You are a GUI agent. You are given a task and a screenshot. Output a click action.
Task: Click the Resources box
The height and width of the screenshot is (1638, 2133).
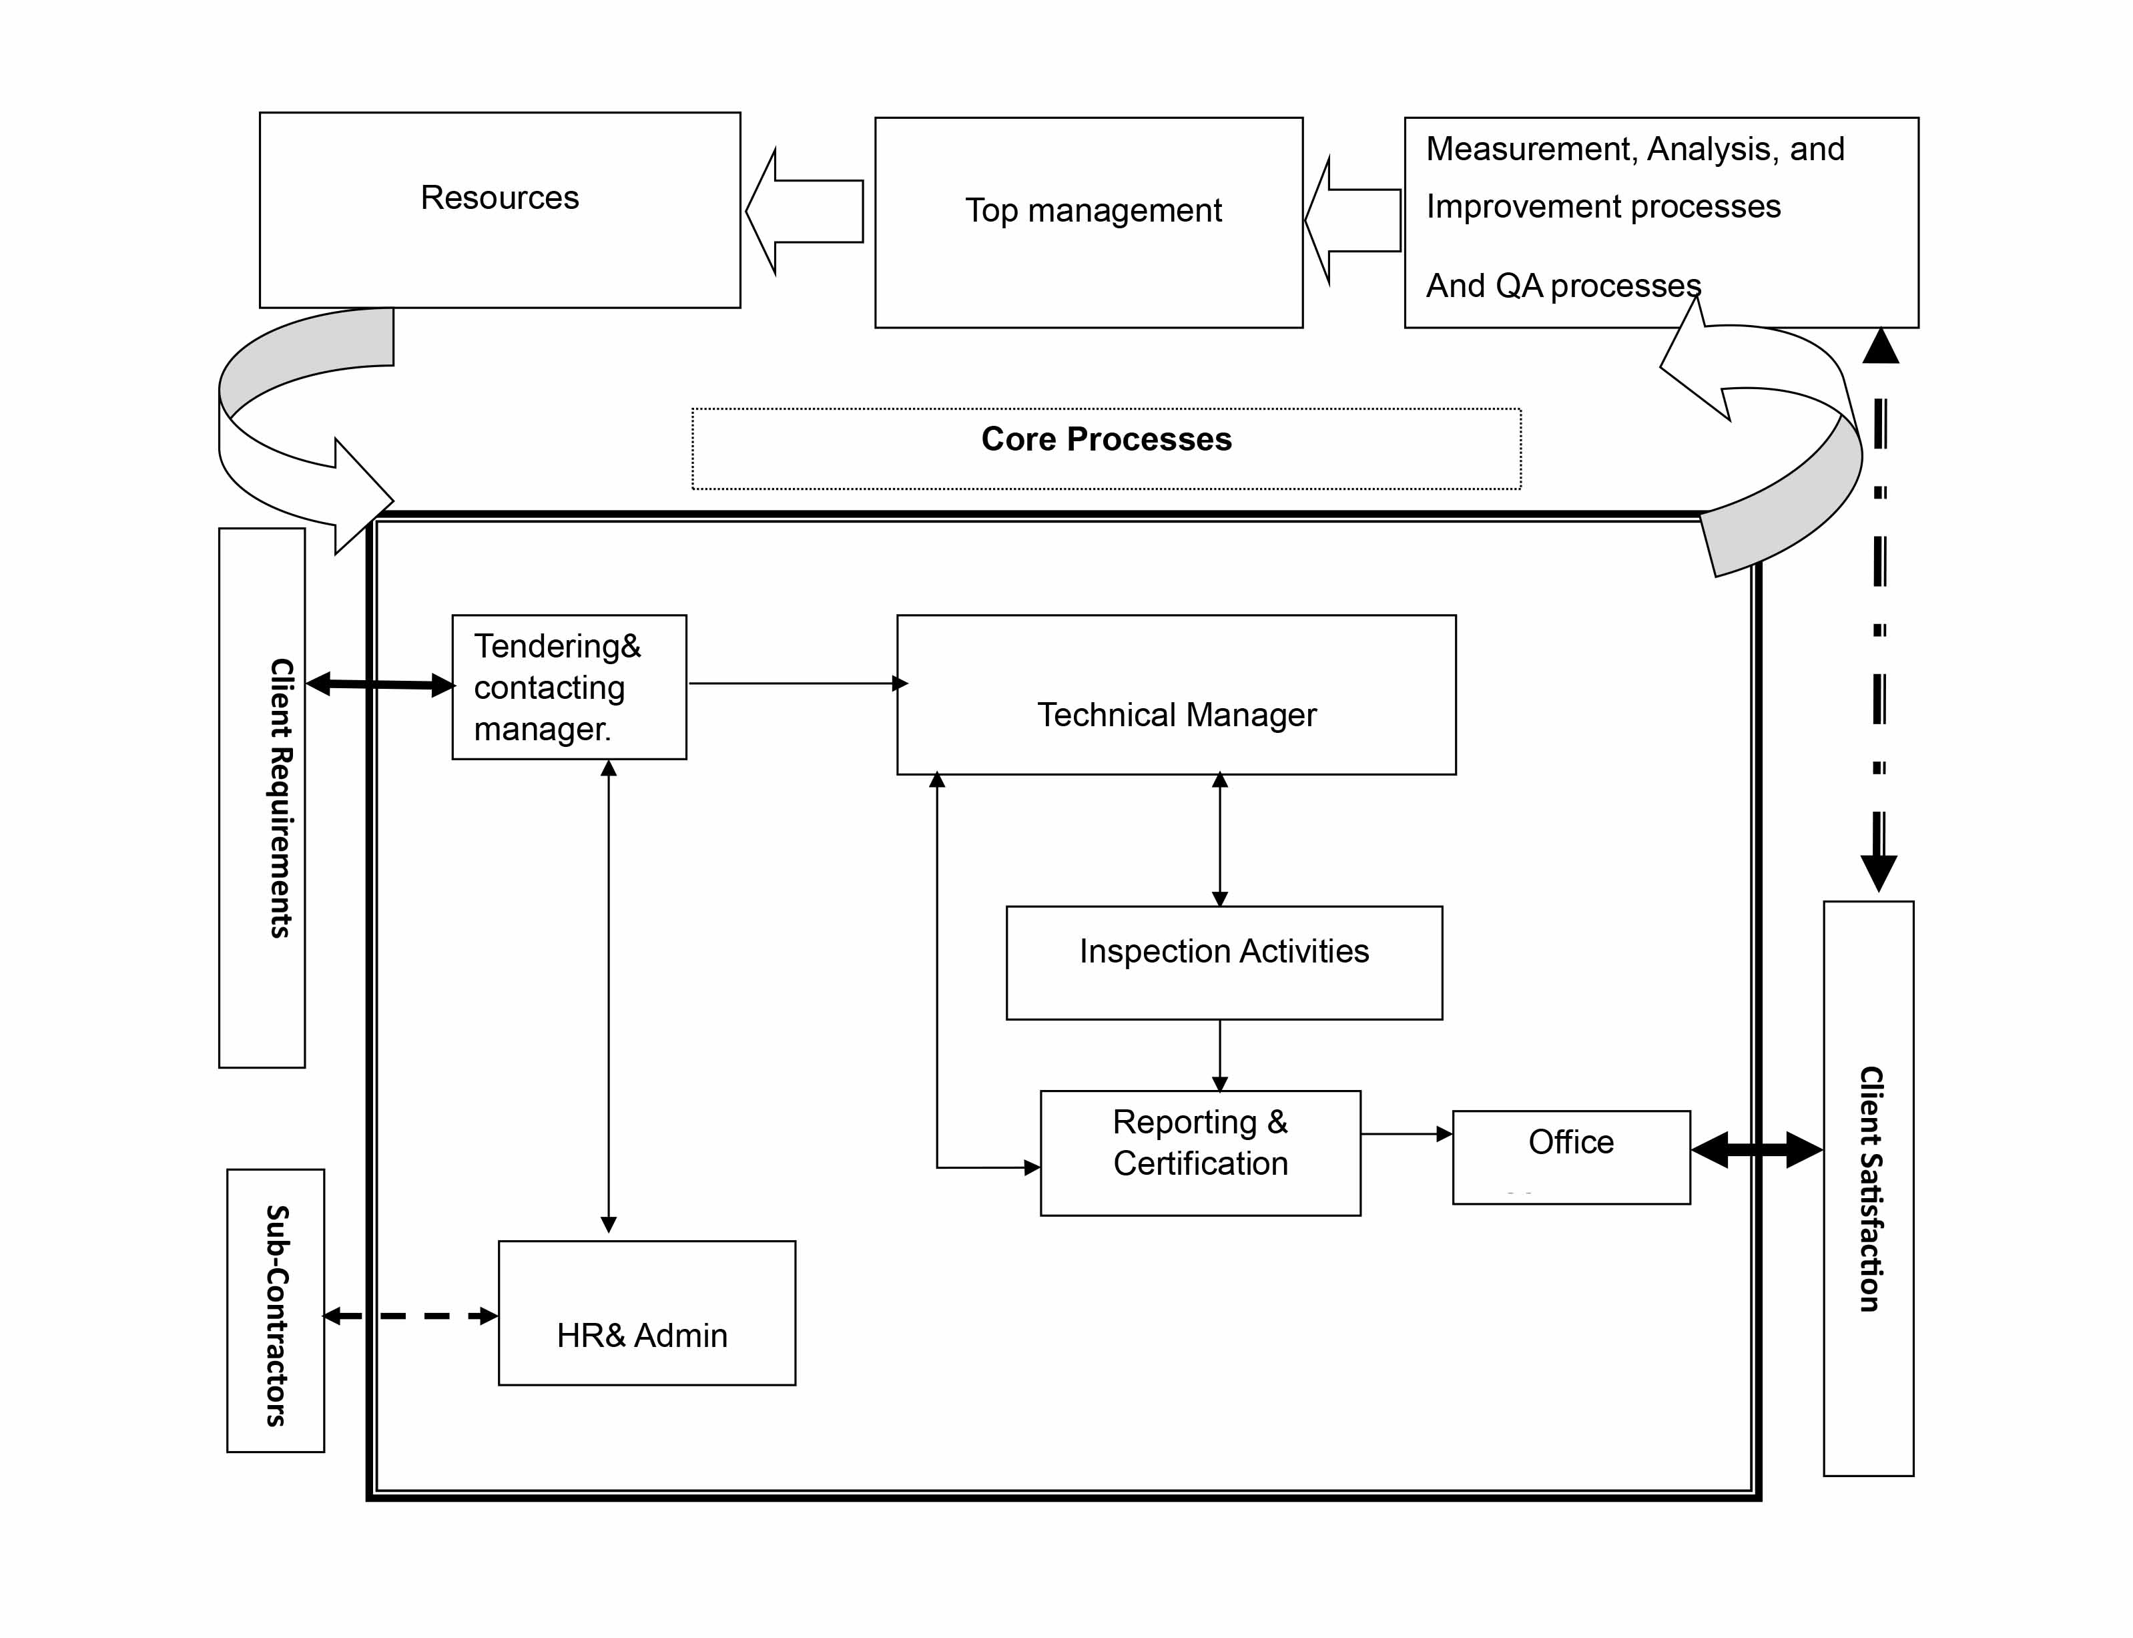click(x=499, y=210)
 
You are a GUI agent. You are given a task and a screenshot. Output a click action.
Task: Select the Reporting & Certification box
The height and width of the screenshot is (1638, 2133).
click(x=1199, y=1153)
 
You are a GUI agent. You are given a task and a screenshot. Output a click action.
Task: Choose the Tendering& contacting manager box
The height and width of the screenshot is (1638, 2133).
click(x=569, y=688)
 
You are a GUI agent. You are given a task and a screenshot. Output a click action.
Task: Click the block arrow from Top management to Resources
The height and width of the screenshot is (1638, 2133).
click(x=806, y=211)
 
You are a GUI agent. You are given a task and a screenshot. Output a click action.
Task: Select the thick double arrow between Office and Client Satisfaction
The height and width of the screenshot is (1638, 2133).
click(x=1756, y=1149)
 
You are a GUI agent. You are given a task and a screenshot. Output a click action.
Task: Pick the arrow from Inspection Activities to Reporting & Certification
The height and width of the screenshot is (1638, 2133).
click(x=1219, y=1055)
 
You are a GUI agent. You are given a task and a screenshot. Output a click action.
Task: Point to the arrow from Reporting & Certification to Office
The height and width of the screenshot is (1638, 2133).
click(x=1406, y=1134)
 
